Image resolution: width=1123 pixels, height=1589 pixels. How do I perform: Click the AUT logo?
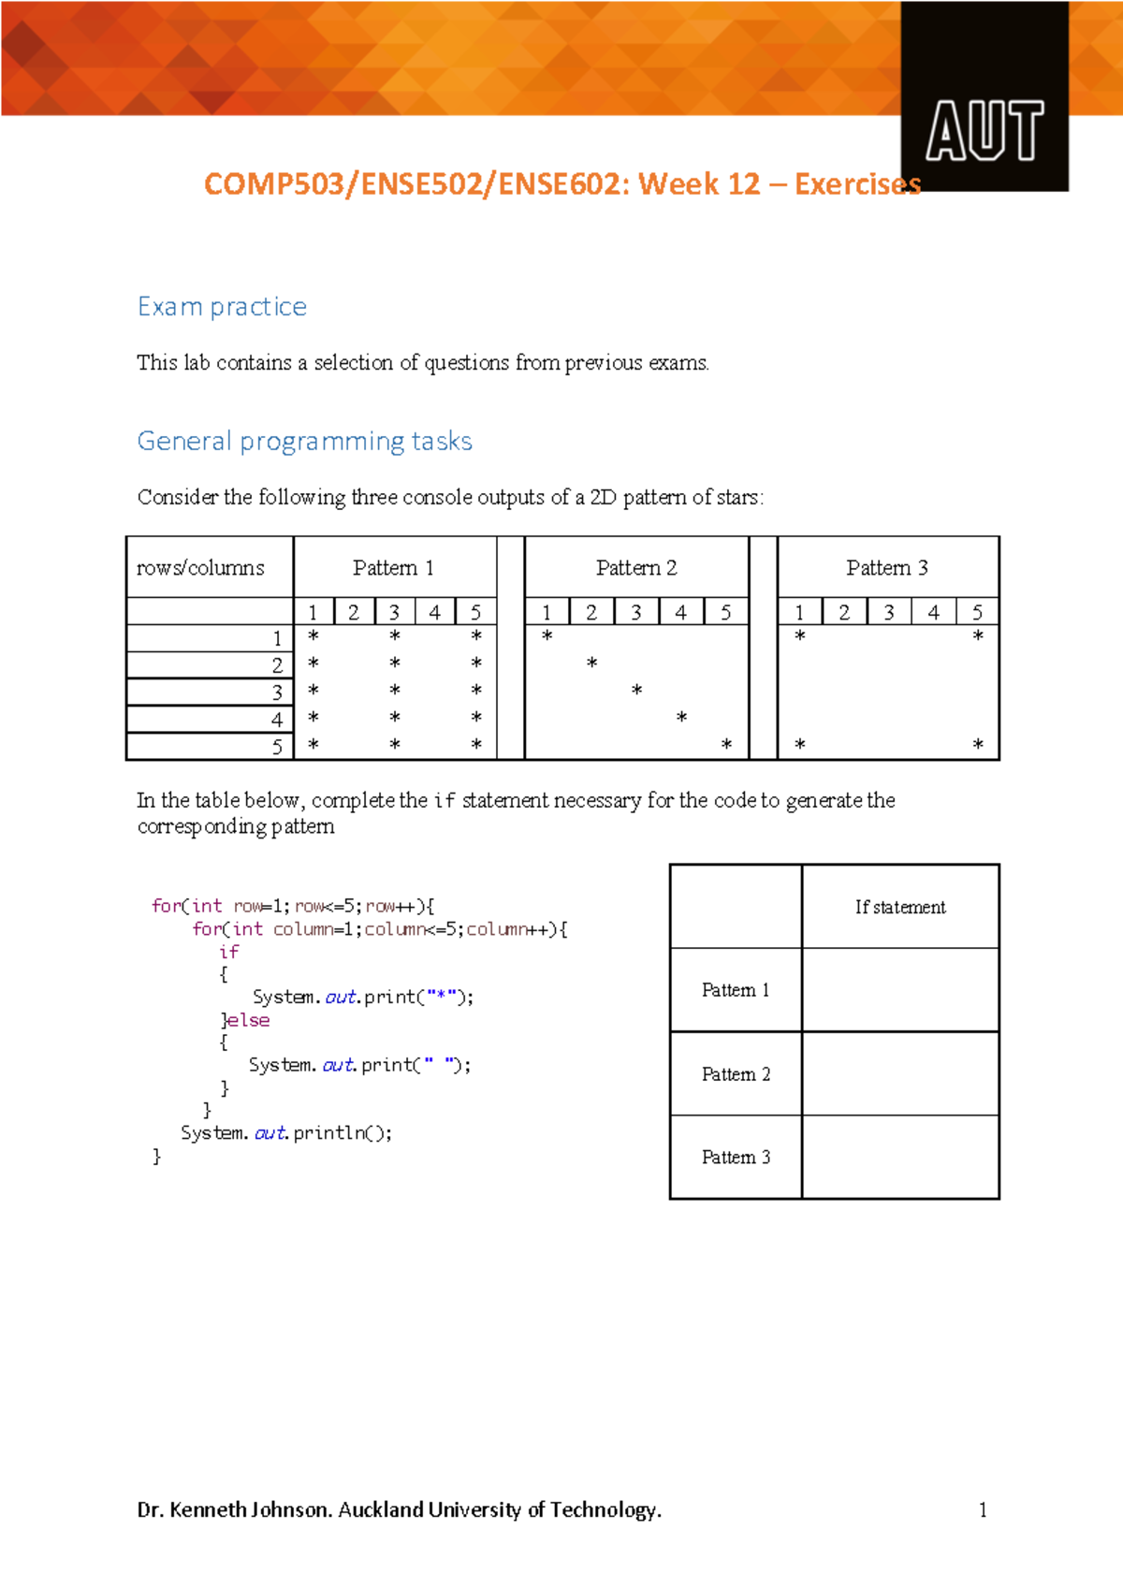[984, 131]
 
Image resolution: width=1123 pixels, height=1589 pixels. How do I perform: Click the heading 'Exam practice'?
[222, 307]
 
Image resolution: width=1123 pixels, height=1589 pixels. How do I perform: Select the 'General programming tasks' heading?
[304, 441]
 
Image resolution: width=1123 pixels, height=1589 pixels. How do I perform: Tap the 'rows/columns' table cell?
[200, 568]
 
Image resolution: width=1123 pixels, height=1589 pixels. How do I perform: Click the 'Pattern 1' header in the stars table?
[393, 568]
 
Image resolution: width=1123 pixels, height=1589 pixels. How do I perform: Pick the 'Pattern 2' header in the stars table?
[636, 568]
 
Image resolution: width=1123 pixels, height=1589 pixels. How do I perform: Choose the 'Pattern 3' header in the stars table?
[887, 568]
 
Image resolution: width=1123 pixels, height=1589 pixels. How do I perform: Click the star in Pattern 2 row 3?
[636, 690]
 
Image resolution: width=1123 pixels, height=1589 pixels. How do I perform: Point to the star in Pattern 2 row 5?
[726, 745]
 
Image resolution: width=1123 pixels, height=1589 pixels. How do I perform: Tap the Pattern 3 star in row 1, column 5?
[978, 636]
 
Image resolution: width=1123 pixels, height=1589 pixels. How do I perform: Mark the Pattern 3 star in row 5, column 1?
[800, 745]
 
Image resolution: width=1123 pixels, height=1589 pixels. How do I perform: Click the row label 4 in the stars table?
[277, 720]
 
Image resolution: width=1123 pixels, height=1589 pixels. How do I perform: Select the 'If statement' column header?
[900, 907]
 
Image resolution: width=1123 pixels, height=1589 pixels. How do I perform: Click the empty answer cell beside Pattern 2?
[900, 1073]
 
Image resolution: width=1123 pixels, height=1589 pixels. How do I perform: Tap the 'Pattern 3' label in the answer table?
[736, 1158]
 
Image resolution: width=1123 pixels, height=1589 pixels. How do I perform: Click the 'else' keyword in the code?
[249, 1020]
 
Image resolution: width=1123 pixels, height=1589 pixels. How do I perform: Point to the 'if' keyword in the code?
[229, 952]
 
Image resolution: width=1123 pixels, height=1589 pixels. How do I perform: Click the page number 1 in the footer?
[983, 1509]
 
